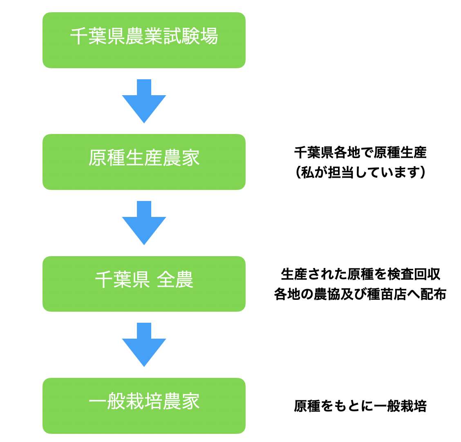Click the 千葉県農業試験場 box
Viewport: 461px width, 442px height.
tap(144, 40)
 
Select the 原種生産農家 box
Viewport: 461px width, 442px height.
tap(144, 162)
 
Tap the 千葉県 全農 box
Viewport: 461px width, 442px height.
tap(144, 284)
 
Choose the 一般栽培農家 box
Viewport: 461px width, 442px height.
tap(144, 406)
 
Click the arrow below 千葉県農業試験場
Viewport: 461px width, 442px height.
tap(144, 101)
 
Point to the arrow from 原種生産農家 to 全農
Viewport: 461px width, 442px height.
tap(144, 223)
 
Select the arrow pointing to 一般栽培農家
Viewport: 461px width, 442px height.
tap(144, 345)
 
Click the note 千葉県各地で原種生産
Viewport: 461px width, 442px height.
tap(360, 153)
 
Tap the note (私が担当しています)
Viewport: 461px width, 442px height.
tap(360, 172)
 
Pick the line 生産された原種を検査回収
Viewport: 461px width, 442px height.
tap(360, 274)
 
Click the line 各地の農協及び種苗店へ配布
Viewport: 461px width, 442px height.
tap(360, 294)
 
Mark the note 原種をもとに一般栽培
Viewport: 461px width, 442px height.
tap(360, 406)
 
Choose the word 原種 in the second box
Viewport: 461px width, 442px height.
tap(107, 158)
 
